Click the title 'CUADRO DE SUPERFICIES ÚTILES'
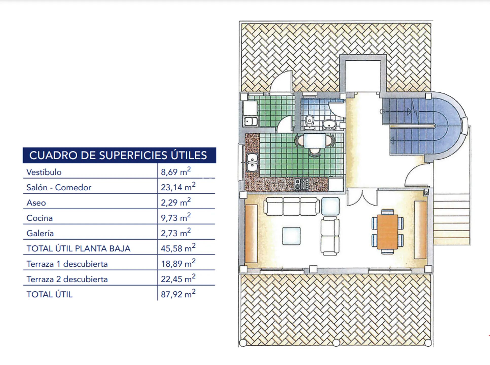[118, 155]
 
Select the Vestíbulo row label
[44, 172]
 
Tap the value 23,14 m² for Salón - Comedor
[178, 187]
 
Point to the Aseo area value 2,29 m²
[176, 202]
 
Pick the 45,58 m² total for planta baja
[178, 248]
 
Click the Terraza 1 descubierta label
[67, 264]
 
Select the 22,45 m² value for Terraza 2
[178, 278]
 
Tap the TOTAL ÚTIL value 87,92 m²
[178, 294]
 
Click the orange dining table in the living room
[387, 232]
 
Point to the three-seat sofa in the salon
[292, 206]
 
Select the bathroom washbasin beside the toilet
[329, 125]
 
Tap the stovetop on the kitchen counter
[301, 184]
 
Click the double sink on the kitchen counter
[252, 162]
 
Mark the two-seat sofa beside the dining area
[330, 236]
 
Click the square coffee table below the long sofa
[291, 236]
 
